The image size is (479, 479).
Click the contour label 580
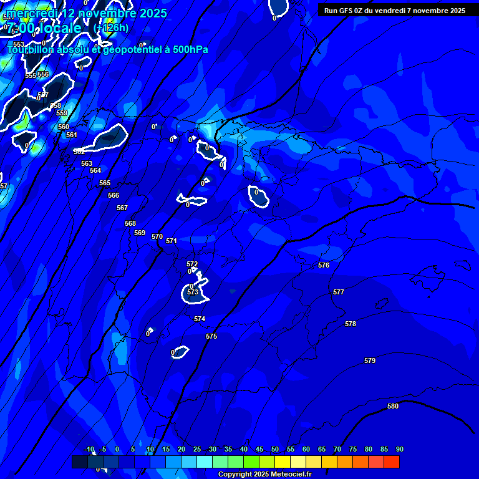click(393, 407)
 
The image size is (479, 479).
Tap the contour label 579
click(370, 361)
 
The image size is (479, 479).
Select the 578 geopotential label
click(351, 324)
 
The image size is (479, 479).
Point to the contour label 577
click(339, 293)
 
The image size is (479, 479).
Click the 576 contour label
click(324, 266)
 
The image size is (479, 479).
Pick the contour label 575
click(211, 337)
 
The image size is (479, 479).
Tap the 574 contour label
click(200, 319)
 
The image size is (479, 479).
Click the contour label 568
click(130, 224)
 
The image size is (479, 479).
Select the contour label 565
click(105, 183)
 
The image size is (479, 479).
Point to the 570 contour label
click(157, 237)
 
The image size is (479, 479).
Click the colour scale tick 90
click(399, 450)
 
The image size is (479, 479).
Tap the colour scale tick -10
click(89, 450)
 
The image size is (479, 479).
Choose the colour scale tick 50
click(275, 450)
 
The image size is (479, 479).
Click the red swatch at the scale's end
click(392, 462)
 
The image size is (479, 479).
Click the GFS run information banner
click(395, 11)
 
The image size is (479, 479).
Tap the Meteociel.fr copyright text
click(264, 475)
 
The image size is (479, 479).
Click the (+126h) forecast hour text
click(111, 28)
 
